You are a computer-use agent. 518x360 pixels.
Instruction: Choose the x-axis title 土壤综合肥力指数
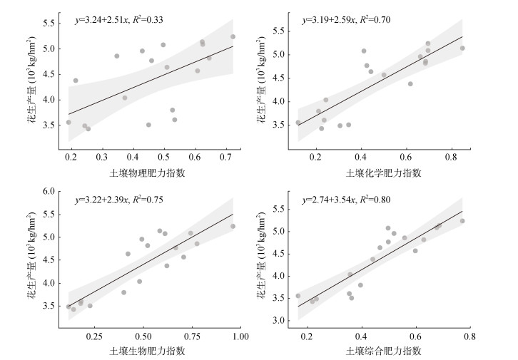[383, 351]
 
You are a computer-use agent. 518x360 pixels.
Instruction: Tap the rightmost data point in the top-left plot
[233, 36]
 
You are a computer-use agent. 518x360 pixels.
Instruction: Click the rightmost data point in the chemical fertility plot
[462, 48]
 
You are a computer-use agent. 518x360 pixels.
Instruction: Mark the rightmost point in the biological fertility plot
[233, 226]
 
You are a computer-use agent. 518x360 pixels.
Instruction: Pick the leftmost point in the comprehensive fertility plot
[298, 296]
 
